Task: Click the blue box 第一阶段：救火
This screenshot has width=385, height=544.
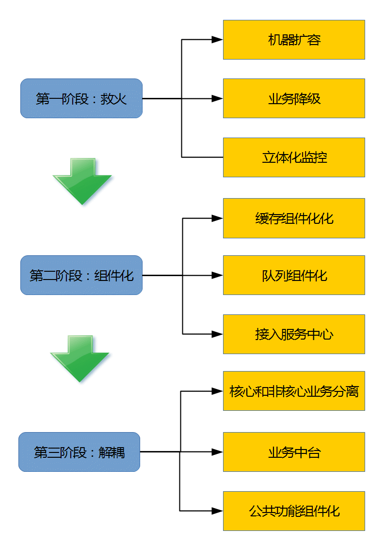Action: point(81,98)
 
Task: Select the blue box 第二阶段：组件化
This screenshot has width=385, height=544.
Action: point(81,275)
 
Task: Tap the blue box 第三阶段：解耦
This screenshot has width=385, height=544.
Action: point(79,452)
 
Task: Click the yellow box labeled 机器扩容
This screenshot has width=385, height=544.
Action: point(294,40)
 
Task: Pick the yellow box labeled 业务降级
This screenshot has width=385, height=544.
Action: point(294,98)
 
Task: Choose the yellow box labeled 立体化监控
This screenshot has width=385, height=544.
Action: point(294,157)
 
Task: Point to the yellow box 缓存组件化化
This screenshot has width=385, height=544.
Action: point(294,218)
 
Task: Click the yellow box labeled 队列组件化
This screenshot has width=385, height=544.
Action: point(294,275)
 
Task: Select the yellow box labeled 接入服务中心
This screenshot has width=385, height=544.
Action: point(294,334)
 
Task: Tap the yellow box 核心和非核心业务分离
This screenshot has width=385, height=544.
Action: point(294,391)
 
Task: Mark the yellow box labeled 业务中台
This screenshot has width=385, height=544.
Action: point(294,452)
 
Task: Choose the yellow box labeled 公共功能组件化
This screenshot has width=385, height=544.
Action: point(294,511)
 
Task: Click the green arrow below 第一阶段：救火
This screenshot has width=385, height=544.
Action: point(83,182)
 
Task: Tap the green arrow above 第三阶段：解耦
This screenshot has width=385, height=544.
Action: point(81,358)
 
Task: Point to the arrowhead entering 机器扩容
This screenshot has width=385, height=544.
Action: point(217,40)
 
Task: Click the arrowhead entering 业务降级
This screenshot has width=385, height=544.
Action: point(217,98)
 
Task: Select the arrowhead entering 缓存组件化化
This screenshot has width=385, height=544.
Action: point(217,218)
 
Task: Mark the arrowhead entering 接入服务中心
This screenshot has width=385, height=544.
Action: point(217,334)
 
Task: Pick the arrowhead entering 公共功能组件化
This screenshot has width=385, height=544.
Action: point(217,511)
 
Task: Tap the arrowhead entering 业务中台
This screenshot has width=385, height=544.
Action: point(217,452)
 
